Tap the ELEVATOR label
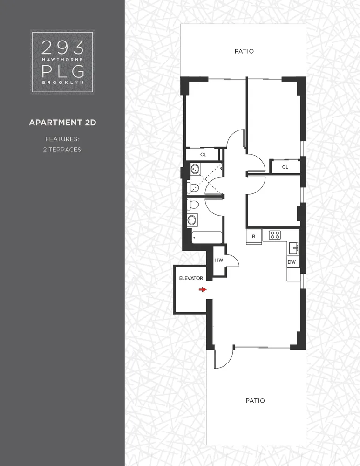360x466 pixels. pos(191,278)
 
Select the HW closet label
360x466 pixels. pos(219,260)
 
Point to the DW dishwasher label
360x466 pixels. pos(292,262)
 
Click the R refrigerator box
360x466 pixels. pos(254,236)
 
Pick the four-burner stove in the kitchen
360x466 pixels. pos(275,235)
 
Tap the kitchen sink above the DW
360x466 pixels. pos(293,246)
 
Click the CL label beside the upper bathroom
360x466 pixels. pos(203,154)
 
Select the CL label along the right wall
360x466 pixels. pos(285,166)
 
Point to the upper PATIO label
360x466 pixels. pos(244,51)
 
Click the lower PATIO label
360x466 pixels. pos(255,400)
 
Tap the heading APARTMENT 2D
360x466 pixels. pos(62,123)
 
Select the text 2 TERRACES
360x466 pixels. pos(62,150)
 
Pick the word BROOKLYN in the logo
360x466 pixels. pos(62,82)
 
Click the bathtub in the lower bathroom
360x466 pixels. pos(207,238)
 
